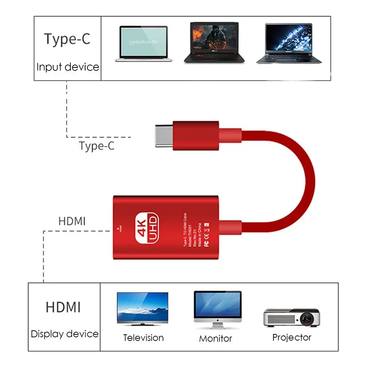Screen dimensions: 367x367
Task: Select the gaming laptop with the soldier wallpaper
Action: point(214,42)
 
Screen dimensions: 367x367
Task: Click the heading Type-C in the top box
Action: point(67,39)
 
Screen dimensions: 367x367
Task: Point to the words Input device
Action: point(68,67)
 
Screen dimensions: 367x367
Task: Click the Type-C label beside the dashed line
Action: point(97,146)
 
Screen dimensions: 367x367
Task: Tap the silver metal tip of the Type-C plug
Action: point(164,136)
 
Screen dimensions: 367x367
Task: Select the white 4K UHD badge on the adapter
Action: point(147,228)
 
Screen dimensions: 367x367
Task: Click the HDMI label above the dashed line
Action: point(72,222)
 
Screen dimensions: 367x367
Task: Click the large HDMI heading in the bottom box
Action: point(63,307)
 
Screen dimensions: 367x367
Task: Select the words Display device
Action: point(65,334)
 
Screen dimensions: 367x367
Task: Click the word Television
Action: point(143,338)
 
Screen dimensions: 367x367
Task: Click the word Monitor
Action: point(215,338)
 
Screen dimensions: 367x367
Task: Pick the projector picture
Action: point(291,317)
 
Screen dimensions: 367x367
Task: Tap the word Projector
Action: point(292,337)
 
